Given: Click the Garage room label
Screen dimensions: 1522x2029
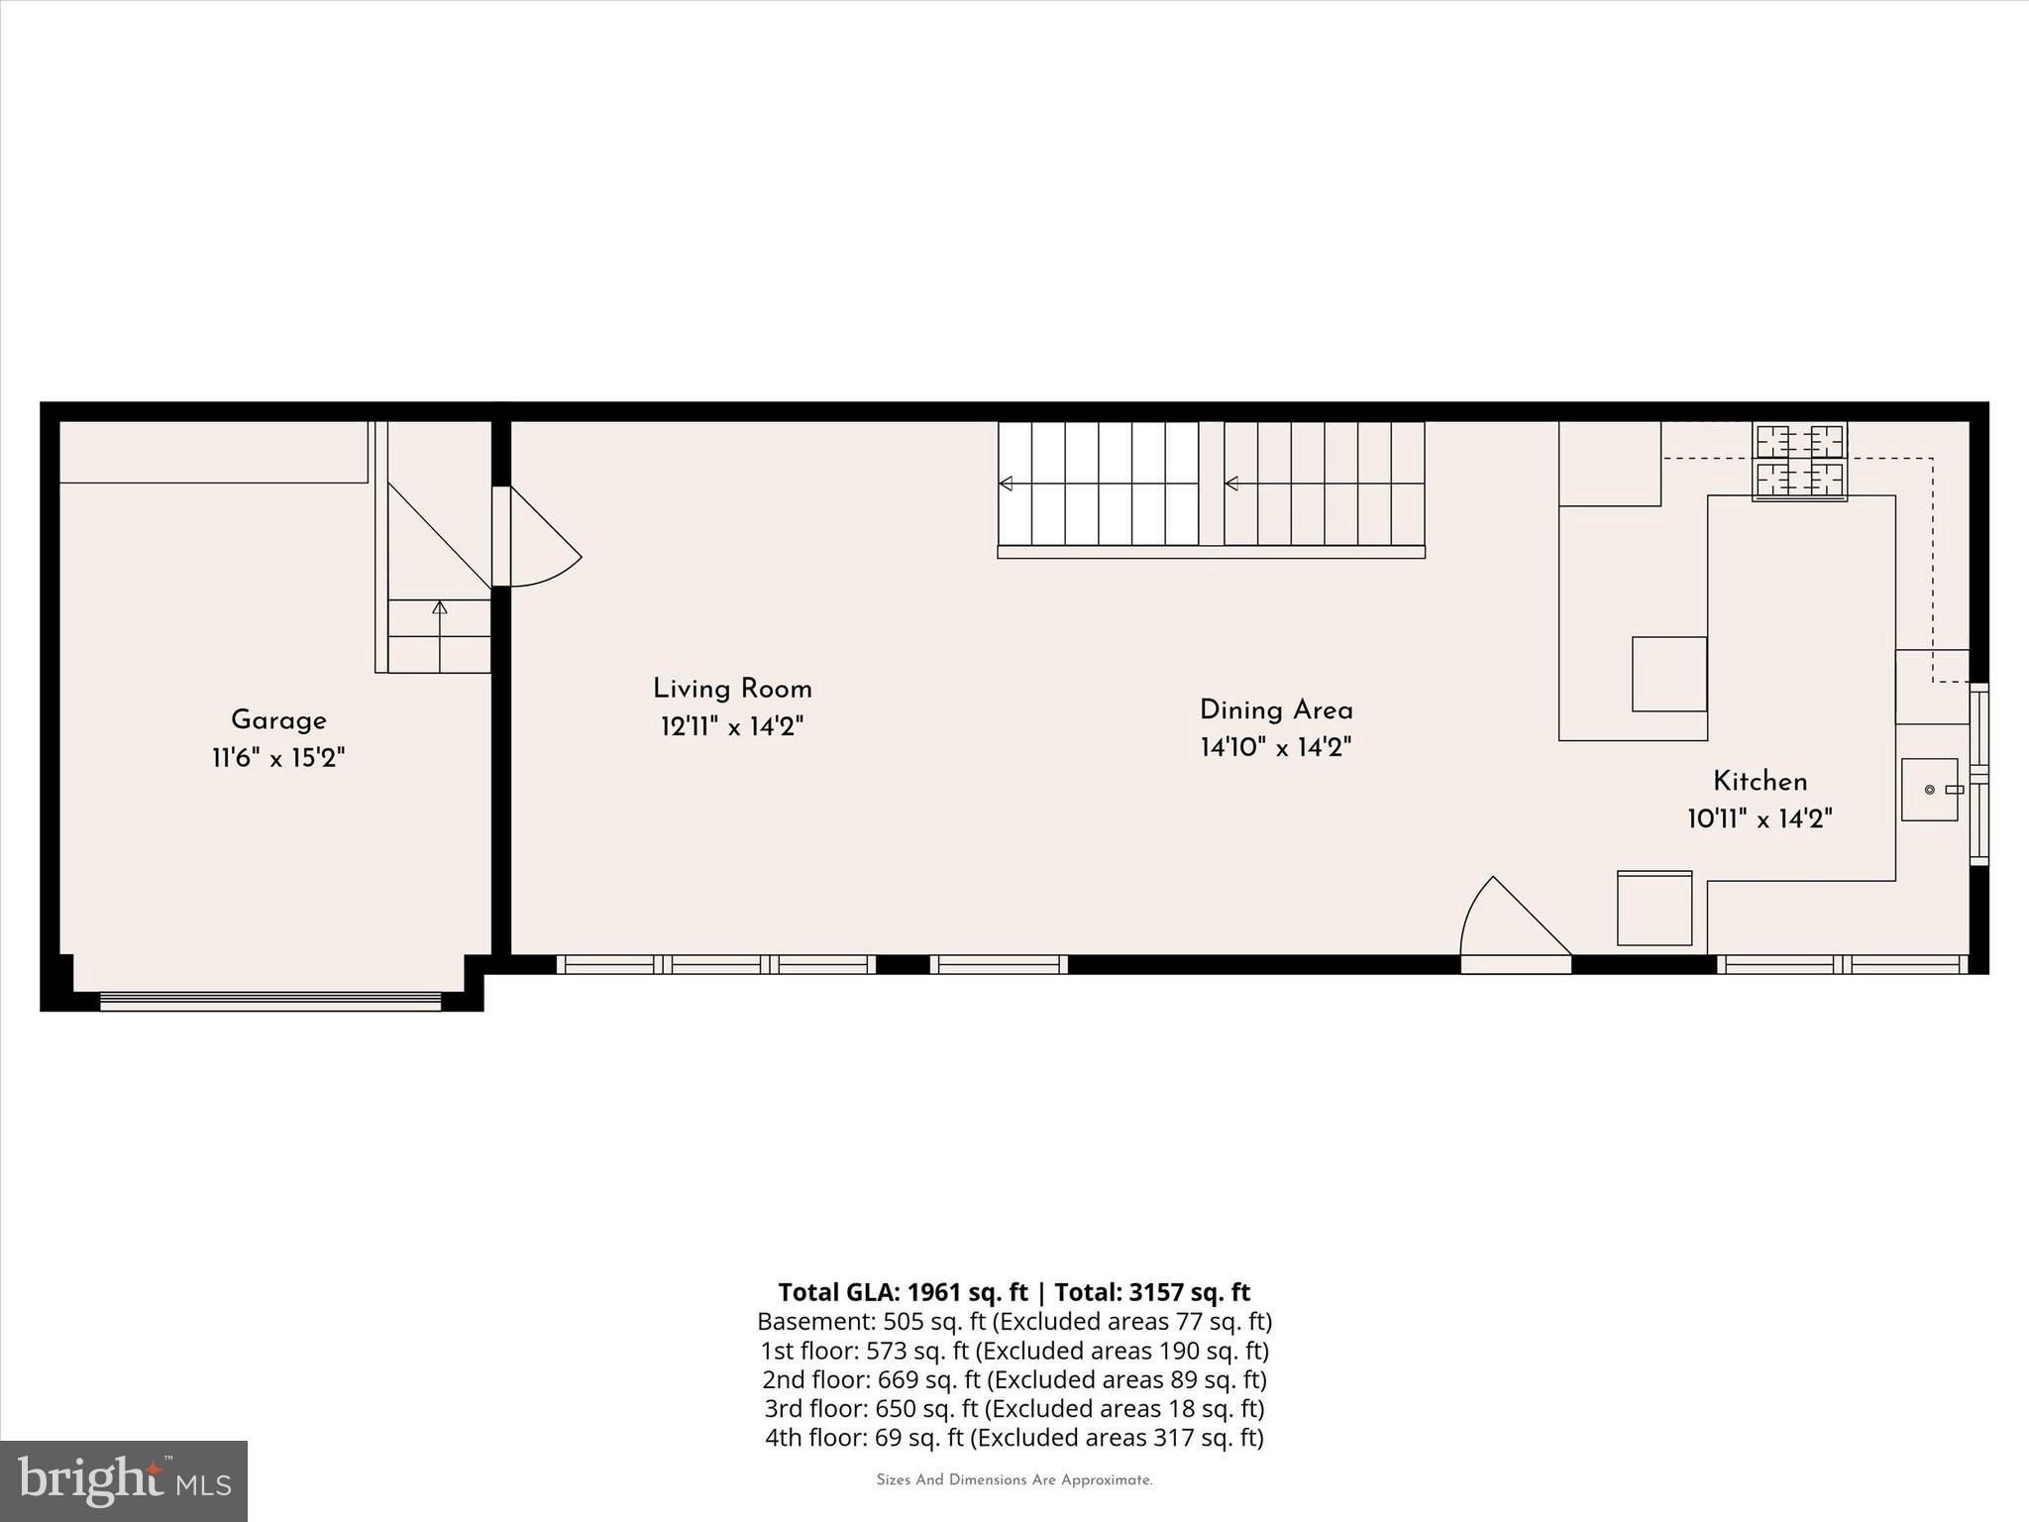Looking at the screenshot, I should click(x=278, y=720).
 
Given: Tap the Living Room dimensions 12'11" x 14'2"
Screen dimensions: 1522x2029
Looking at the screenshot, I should click(x=731, y=727).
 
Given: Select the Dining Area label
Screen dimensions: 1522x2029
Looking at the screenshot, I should click(x=1276, y=710).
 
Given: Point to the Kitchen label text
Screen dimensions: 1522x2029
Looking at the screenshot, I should click(x=1760, y=782).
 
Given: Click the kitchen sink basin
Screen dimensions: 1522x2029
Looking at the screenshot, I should click(x=1929, y=790).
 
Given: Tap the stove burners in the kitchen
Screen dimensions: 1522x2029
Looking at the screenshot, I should click(x=1799, y=461).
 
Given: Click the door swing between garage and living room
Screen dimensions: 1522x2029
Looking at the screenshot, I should click(x=540, y=540).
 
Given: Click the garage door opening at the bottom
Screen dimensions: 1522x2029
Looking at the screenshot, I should click(x=269, y=1001).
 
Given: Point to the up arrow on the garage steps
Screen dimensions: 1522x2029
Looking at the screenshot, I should click(x=440, y=607).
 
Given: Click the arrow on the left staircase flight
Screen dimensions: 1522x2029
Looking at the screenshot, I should click(x=1006, y=484).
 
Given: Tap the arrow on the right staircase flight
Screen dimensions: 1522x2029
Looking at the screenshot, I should click(x=1231, y=484).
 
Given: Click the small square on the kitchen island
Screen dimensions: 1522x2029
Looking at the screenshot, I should click(x=1669, y=674).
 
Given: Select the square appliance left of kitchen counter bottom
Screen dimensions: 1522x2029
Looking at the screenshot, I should click(x=1655, y=908).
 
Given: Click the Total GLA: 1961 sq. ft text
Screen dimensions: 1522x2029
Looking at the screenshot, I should click(x=903, y=1292).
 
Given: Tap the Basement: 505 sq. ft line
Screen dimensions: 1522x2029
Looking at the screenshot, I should click(x=1014, y=1321).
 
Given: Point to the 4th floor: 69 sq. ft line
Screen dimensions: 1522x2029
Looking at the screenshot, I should click(x=1014, y=1437).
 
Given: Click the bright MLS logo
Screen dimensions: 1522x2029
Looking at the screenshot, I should click(x=124, y=1480).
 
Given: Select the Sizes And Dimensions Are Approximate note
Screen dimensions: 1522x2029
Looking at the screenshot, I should click(x=1014, y=1480).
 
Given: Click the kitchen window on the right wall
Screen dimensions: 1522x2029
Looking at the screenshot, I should click(x=1978, y=773).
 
